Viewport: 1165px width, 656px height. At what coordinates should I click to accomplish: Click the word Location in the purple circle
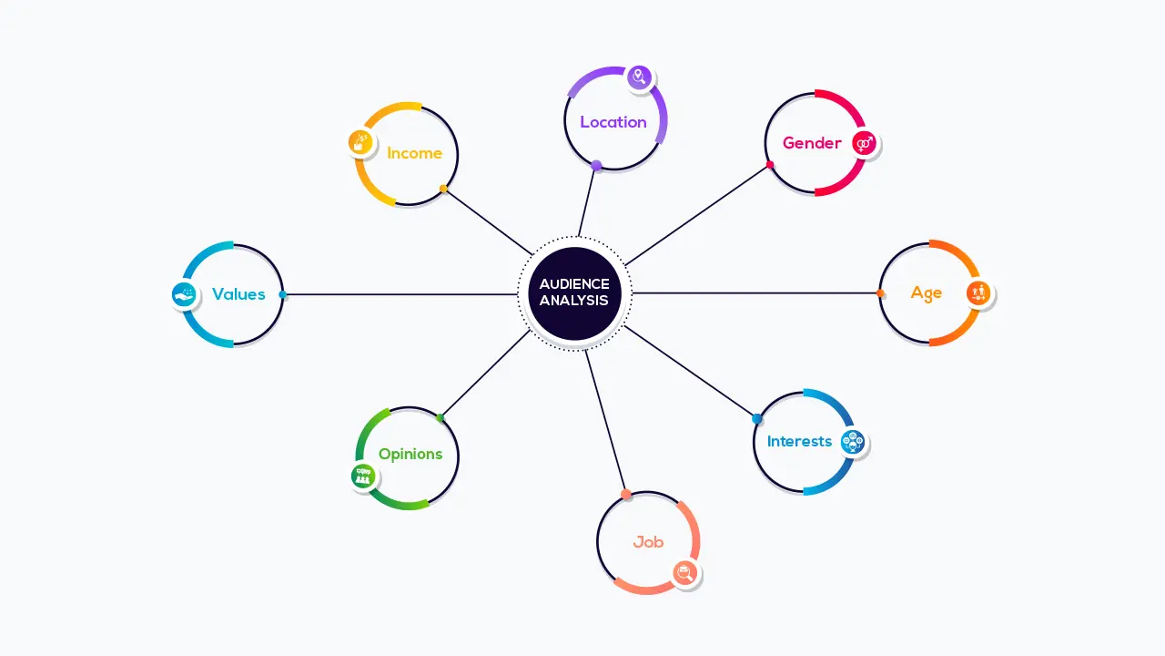coord(613,122)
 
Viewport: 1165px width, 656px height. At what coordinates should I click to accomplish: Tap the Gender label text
coord(812,143)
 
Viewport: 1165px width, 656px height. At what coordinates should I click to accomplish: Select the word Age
coord(926,293)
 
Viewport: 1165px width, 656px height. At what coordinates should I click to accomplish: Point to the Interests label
coord(799,442)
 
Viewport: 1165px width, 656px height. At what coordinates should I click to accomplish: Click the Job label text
coord(648,542)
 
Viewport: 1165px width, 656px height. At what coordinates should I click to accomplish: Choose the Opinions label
coord(410,454)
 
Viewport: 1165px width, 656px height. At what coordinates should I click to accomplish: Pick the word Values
coord(238,294)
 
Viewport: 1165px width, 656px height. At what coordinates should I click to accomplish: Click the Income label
coord(414,153)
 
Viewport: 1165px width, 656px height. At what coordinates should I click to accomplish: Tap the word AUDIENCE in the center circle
coord(574,283)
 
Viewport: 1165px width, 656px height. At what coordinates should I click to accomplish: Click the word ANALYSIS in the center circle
coord(574,301)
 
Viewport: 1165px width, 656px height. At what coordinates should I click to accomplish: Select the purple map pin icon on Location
coord(639,77)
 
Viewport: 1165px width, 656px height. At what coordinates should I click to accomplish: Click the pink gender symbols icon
coord(865,143)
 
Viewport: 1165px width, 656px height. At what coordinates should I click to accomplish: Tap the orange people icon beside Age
coord(978,293)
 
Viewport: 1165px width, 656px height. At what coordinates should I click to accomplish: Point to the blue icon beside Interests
coord(853,442)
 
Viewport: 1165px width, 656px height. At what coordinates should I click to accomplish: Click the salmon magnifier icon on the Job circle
coord(685,573)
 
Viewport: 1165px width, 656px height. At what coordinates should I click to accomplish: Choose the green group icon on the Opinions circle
coord(363,476)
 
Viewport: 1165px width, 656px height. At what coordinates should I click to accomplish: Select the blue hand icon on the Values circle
coord(184,294)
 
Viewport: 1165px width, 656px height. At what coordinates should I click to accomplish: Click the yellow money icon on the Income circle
coord(360,143)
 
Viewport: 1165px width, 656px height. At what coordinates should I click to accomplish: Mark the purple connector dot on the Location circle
coord(596,166)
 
